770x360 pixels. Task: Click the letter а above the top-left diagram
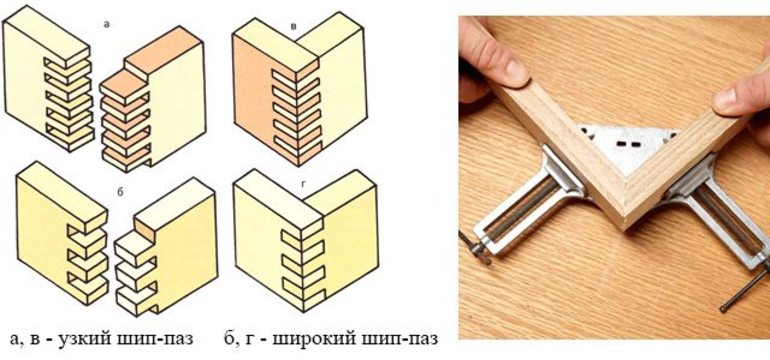click(107, 24)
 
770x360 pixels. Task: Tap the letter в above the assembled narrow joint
click(293, 26)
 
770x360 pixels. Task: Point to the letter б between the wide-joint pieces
click(120, 193)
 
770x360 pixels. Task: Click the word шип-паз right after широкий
click(402, 338)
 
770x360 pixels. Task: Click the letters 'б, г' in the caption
click(239, 338)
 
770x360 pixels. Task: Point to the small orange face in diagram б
click(144, 228)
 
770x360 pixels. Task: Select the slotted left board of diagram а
click(48, 78)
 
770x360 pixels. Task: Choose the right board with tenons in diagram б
click(166, 247)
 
